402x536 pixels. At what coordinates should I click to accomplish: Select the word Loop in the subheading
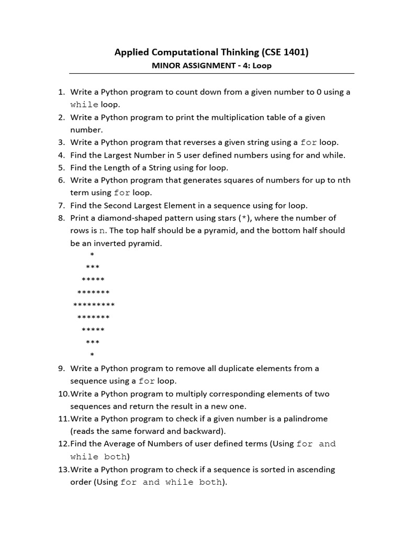point(262,66)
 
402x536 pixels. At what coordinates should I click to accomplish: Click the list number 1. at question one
point(61,92)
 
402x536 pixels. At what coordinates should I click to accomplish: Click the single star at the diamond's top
point(93,255)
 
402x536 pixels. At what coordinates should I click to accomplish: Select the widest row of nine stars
point(94,305)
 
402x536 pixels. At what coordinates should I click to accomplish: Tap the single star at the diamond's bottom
point(93,355)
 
